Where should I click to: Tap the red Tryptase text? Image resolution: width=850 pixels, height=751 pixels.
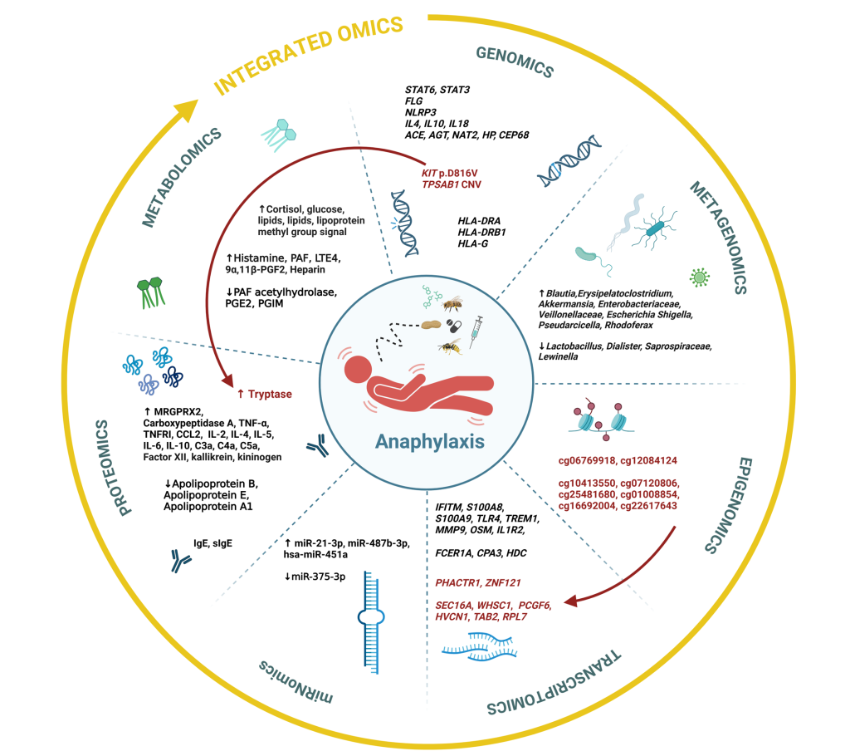point(270,394)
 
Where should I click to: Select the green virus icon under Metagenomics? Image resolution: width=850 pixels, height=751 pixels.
point(697,277)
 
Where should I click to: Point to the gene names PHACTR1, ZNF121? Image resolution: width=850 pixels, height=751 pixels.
point(469,581)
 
